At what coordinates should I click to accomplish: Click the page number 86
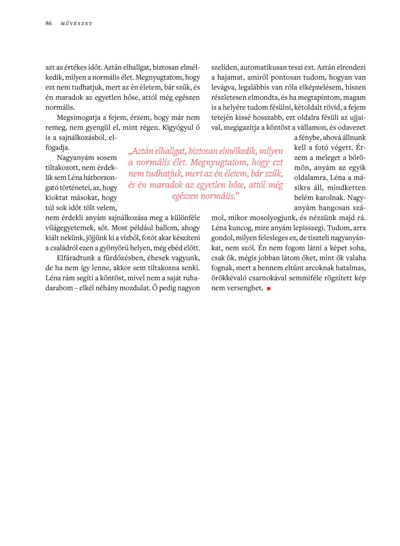tap(48, 23)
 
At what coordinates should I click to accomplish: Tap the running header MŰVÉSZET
tap(76, 24)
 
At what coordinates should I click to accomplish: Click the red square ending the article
tap(269, 288)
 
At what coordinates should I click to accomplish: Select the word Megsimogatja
tap(76, 117)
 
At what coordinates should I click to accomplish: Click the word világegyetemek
tap(69, 228)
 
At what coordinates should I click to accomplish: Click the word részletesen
tap(230, 97)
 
